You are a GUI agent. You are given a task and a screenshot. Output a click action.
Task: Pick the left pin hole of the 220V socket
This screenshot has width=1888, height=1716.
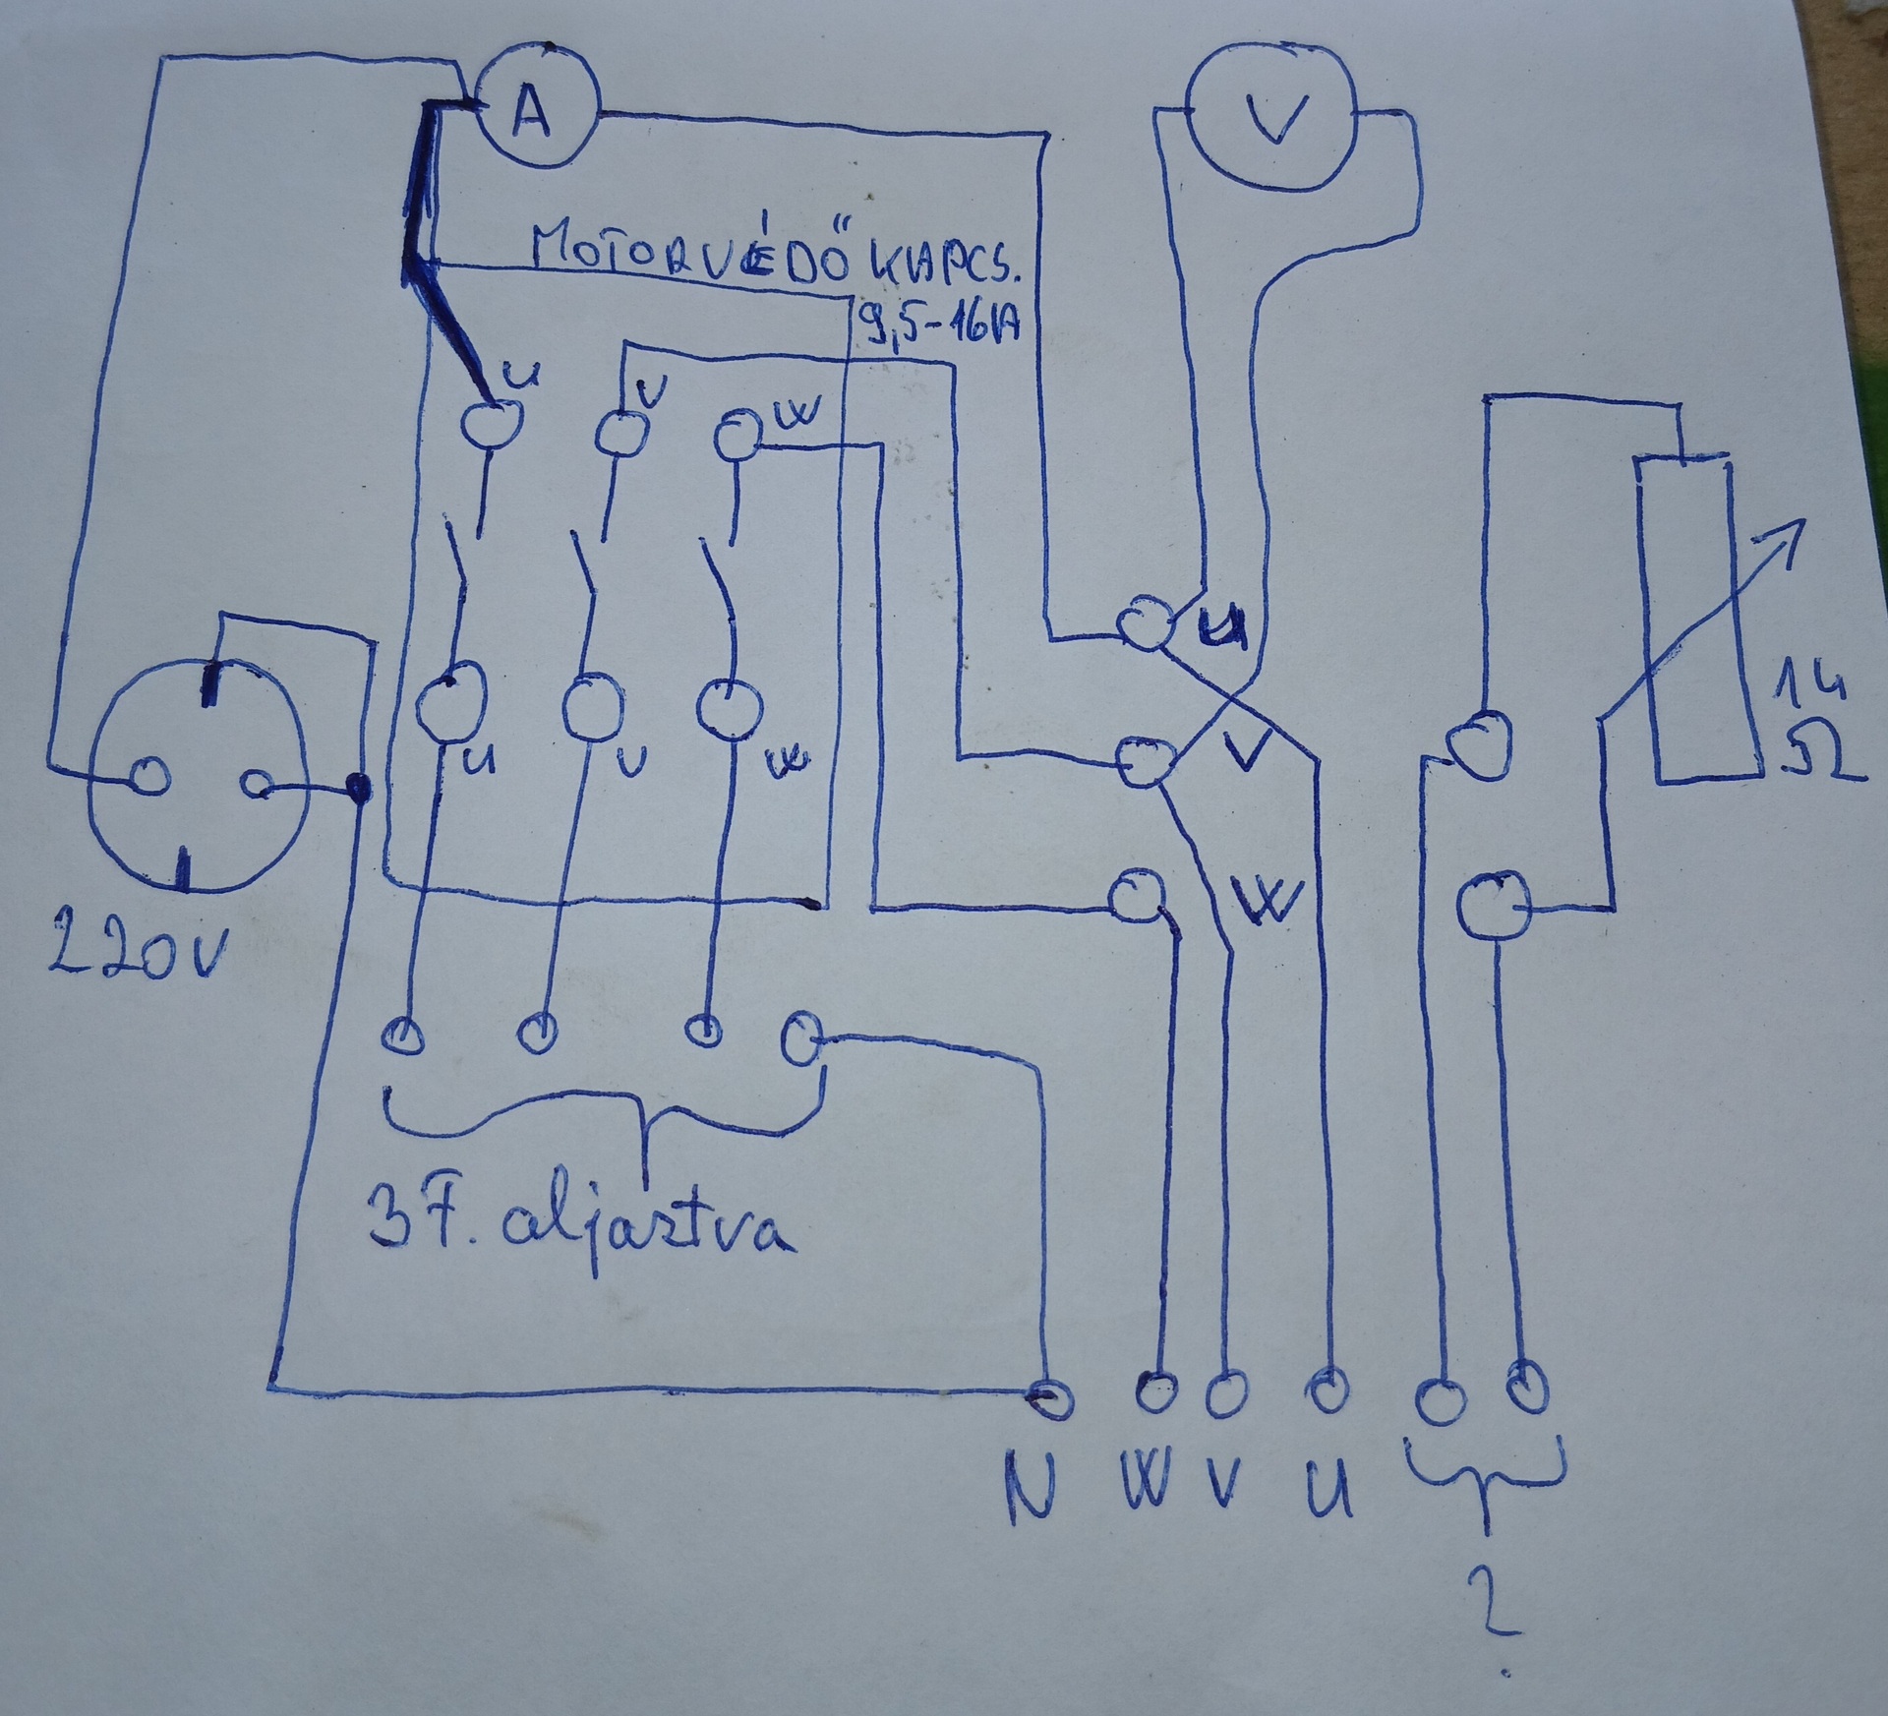(x=150, y=777)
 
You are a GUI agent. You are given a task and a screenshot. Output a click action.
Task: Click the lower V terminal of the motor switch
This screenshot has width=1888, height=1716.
(x=592, y=705)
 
